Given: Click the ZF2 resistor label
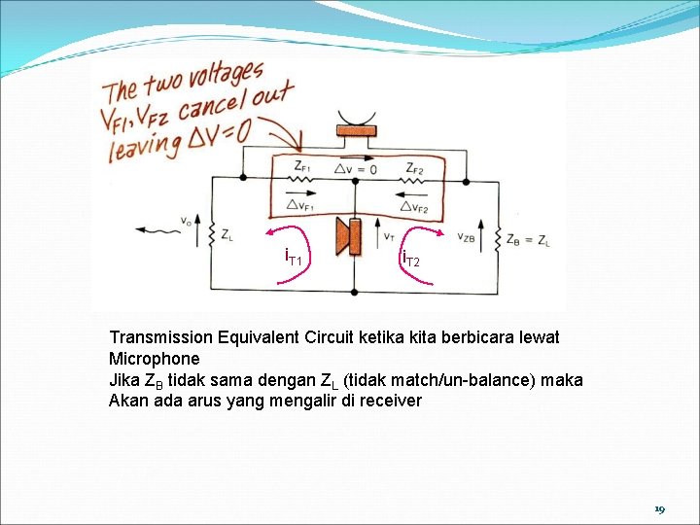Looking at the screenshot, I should [415, 166].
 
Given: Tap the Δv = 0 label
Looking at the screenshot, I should [357, 168].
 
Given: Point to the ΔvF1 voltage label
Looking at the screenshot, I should [301, 204].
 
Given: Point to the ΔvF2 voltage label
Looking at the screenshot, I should [416, 205].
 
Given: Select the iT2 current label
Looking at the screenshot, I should [411, 260].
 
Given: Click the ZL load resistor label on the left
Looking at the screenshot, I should [227, 234].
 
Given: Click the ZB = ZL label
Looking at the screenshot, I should [530, 238].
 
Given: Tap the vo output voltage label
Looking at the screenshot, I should [186, 222].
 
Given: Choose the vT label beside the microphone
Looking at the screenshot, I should [388, 234].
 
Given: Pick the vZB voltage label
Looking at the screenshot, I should [466, 236].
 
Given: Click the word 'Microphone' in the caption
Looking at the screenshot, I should [154, 359].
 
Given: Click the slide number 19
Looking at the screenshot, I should [659, 509].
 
